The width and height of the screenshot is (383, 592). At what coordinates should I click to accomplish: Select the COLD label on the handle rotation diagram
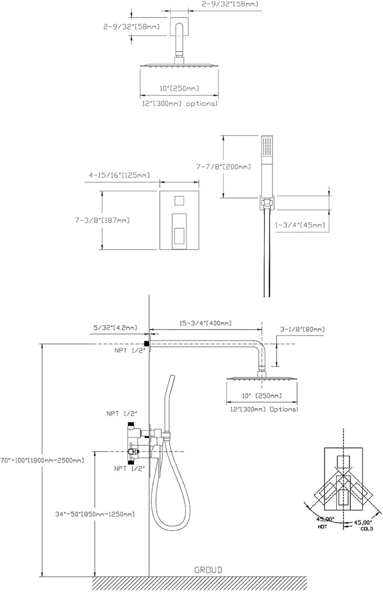pyautogui.click(x=367, y=528)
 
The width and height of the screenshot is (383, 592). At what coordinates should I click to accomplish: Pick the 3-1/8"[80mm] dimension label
pyautogui.click(x=302, y=329)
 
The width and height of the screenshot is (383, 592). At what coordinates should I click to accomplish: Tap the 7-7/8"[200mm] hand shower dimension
pyautogui.click(x=225, y=167)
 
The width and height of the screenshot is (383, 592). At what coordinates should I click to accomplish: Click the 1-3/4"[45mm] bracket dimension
pyautogui.click(x=300, y=225)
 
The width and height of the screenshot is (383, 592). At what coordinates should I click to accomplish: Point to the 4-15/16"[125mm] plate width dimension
pyautogui.click(x=119, y=175)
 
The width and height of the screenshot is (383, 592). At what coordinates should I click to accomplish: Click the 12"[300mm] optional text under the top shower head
pyautogui.click(x=179, y=104)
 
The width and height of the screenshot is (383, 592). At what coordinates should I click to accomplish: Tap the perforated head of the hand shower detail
pyautogui.click(x=267, y=148)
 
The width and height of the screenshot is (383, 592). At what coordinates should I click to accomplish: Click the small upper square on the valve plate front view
pyautogui.click(x=179, y=201)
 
